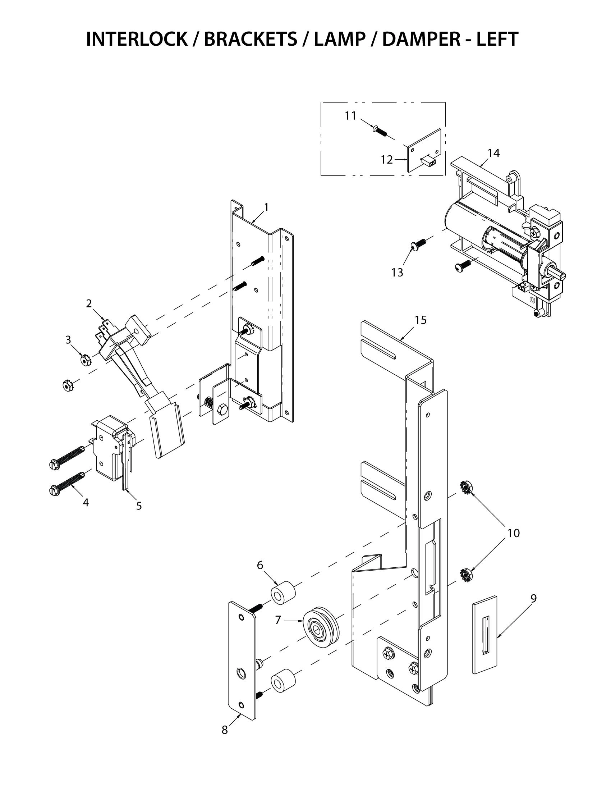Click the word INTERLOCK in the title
(137, 39)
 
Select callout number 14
(493, 153)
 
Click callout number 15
(421, 320)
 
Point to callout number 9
(533, 599)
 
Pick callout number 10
(513, 533)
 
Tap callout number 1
(266, 207)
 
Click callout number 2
(89, 303)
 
